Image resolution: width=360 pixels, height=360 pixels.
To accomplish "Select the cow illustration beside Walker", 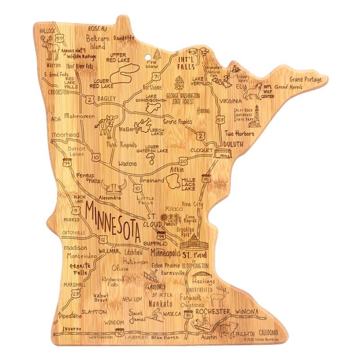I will pos(108,126).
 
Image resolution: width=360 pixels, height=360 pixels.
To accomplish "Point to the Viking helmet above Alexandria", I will pos(111,186).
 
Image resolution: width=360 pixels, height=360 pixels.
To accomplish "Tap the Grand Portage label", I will pos(306,80).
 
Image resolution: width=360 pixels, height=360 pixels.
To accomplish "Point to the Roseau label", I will pos(99,28).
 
